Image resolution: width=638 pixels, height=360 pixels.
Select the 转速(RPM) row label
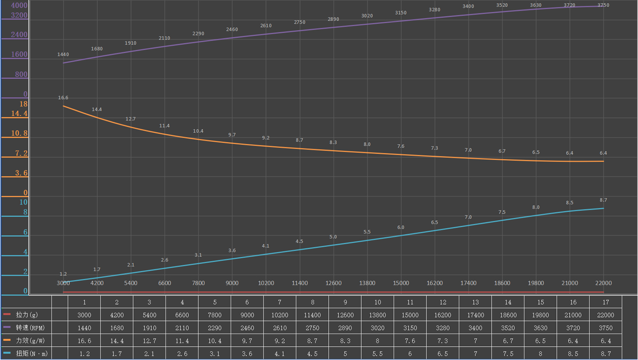(30, 328)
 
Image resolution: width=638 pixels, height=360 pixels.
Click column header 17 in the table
(606, 302)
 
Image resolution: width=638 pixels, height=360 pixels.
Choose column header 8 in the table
(312, 302)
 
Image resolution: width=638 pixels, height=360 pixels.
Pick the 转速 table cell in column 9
(345, 328)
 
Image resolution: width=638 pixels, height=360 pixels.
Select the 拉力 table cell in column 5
(215, 315)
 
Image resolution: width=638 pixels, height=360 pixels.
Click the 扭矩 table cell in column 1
(84, 353)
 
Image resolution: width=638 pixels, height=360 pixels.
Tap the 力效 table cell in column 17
(606, 340)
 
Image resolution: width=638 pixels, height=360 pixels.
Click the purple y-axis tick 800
(22, 74)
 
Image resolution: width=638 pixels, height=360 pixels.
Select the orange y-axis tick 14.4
(19, 114)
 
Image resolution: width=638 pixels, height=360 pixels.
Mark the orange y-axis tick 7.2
(21, 153)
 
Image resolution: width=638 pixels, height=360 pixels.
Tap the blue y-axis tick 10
(23, 202)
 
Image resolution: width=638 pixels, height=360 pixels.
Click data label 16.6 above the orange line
(63, 98)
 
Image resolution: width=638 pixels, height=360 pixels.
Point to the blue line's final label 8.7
(603, 200)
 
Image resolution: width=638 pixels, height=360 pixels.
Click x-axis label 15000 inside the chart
(401, 283)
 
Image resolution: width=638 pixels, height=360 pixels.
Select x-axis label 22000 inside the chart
(603, 283)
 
